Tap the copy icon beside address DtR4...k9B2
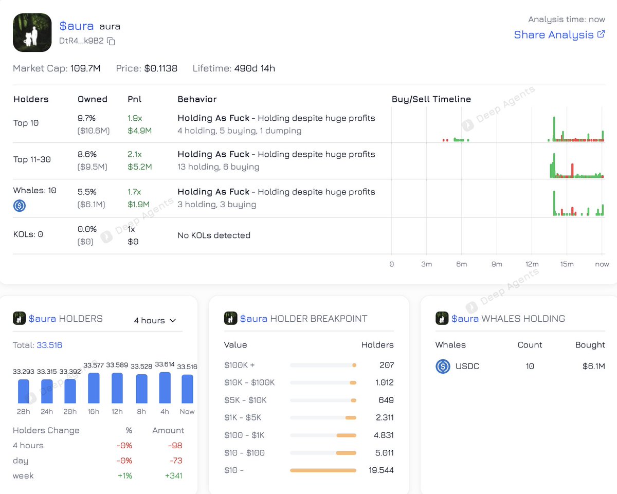[111, 41]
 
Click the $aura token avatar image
[32, 32]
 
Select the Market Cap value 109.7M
[85, 68]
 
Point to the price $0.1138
[161, 68]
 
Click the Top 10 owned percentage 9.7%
[87, 118]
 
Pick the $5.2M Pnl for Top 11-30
[139, 167]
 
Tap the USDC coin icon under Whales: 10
[20, 206]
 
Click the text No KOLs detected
[214, 235]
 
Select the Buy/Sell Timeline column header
[431, 99]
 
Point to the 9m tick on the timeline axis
[496, 264]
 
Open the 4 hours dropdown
[155, 320]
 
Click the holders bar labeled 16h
[94, 388]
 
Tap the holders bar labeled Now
[187, 389]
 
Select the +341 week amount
[173, 475]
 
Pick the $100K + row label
[240, 365]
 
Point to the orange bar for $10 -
[323, 470]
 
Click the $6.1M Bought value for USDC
[593, 367]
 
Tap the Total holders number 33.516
[49, 345]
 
